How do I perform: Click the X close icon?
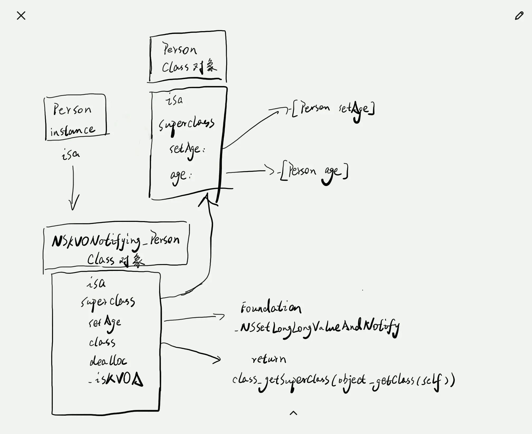[21, 16]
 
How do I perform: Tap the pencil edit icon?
[519, 16]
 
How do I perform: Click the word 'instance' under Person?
[72, 130]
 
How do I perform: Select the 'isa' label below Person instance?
[70, 154]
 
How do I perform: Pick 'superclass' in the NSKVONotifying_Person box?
[108, 302]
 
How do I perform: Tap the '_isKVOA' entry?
[116, 379]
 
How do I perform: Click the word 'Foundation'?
[271, 308]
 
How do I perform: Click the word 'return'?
[269, 359]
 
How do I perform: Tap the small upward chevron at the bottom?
[293, 413]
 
